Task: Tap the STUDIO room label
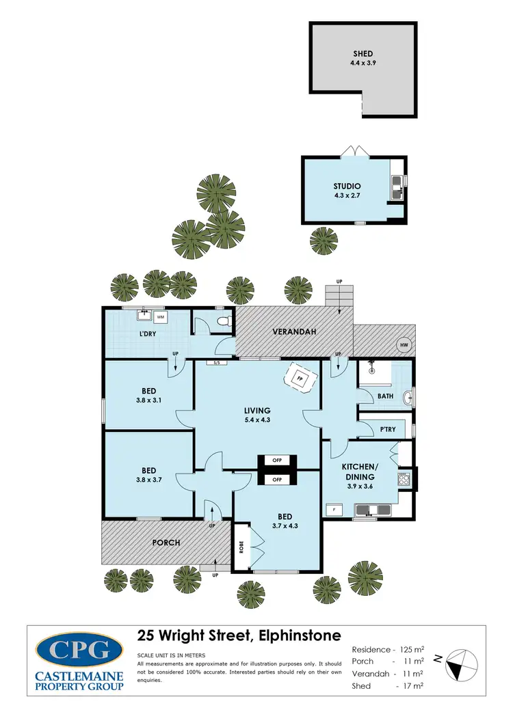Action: coord(347,186)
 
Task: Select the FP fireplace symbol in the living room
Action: coord(300,378)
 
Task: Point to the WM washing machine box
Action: coord(161,317)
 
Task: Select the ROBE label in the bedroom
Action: coord(241,547)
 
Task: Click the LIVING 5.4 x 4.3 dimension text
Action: coord(257,420)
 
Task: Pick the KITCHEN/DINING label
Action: coord(360,471)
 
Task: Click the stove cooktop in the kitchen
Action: coord(404,478)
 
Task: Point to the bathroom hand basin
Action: coord(408,398)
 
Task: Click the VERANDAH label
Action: coord(293,332)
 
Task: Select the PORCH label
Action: coord(166,543)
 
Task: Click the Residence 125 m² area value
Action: coord(410,649)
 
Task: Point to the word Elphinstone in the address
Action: coord(298,635)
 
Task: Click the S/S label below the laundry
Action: coord(217,362)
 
